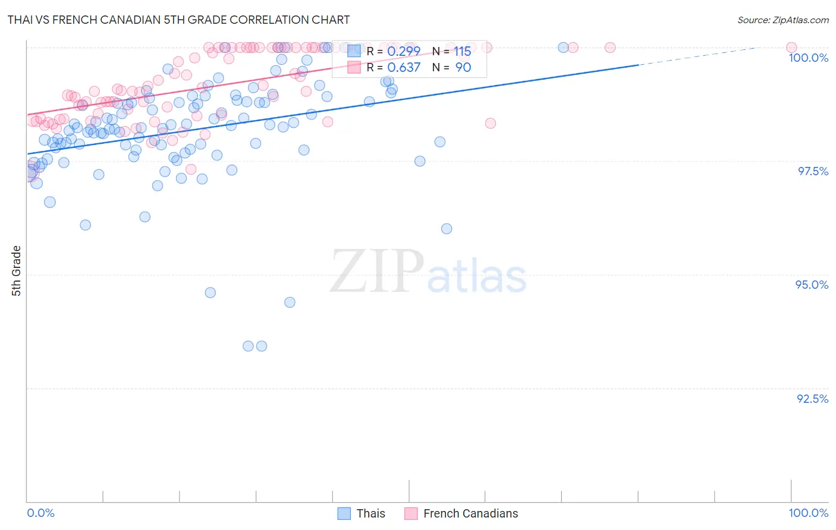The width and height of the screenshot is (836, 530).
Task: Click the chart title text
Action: pyautogui.click(x=178, y=20)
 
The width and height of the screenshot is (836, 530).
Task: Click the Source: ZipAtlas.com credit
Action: pyautogui.click(x=782, y=20)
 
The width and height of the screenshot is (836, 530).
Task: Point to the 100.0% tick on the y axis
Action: pyautogui.click(x=808, y=58)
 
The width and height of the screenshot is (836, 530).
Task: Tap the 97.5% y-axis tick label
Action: pyautogui.click(x=812, y=171)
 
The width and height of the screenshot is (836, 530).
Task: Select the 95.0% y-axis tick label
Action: pyautogui.click(x=812, y=285)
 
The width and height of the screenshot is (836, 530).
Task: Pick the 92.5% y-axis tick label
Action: pyautogui.click(x=812, y=399)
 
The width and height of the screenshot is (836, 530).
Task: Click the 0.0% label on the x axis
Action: pyautogui.click(x=40, y=513)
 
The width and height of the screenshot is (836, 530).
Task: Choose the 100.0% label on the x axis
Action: pyautogui.click(x=808, y=513)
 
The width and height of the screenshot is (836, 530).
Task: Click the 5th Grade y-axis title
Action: pyautogui.click(x=17, y=271)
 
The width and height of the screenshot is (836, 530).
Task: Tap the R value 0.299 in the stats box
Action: pyautogui.click(x=404, y=52)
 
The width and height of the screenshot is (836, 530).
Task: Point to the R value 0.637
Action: pyautogui.click(x=404, y=68)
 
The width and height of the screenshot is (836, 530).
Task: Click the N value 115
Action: pyautogui.click(x=463, y=52)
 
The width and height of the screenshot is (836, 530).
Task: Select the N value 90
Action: pyautogui.click(x=463, y=68)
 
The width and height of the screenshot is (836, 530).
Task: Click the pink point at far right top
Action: pyautogui.click(x=791, y=48)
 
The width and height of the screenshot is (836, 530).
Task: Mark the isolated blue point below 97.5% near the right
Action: pyautogui.click(x=447, y=229)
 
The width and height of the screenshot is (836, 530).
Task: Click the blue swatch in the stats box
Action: pyautogui.click(x=354, y=52)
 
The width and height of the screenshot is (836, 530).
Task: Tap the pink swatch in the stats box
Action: pyautogui.click(x=354, y=68)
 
